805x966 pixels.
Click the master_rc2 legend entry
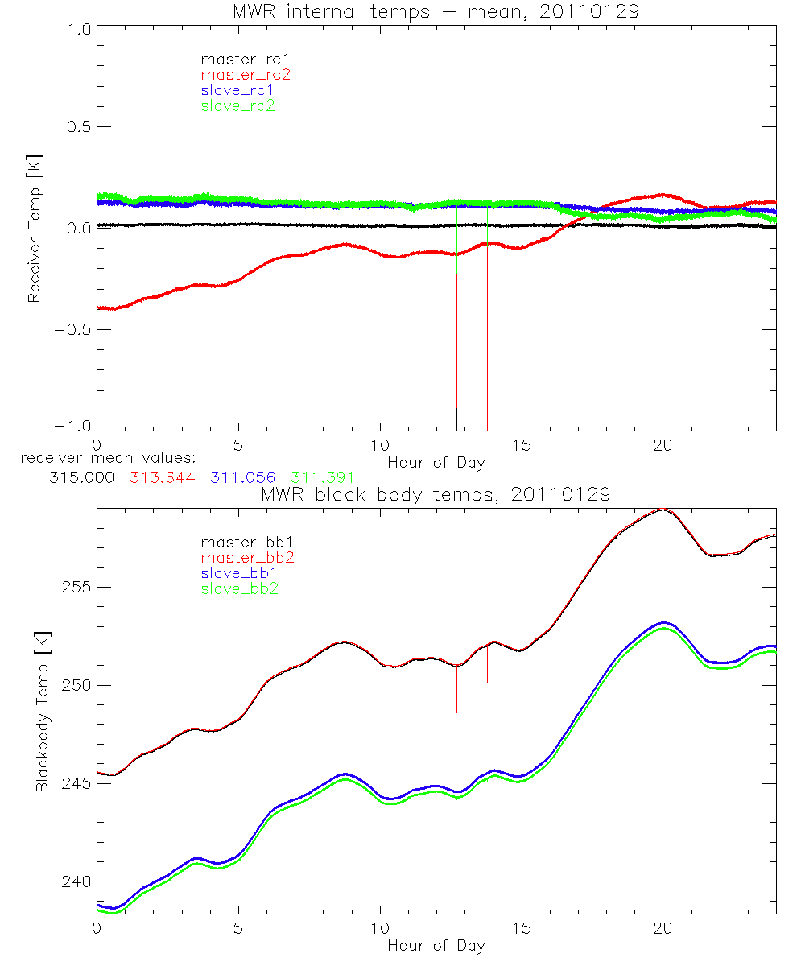(246, 74)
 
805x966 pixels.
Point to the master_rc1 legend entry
(246, 59)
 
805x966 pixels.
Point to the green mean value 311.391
(321, 478)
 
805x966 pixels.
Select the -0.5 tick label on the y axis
(72, 330)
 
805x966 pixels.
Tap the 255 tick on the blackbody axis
(77, 587)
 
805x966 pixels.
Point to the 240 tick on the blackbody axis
(77, 881)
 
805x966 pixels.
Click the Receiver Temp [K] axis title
(34, 228)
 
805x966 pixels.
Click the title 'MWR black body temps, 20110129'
(436, 494)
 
